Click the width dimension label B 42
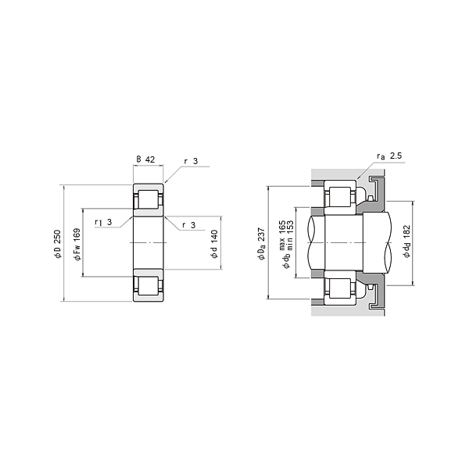click(x=145, y=159)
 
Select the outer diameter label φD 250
click(x=57, y=243)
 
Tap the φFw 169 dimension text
click(x=77, y=244)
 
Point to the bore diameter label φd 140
click(x=214, y=244)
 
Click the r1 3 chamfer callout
click(x=103, y=222)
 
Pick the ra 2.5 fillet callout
click(x=389, y=156)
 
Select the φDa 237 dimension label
click(x=261, y=244)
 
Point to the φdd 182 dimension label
click(x=406, y=241)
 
